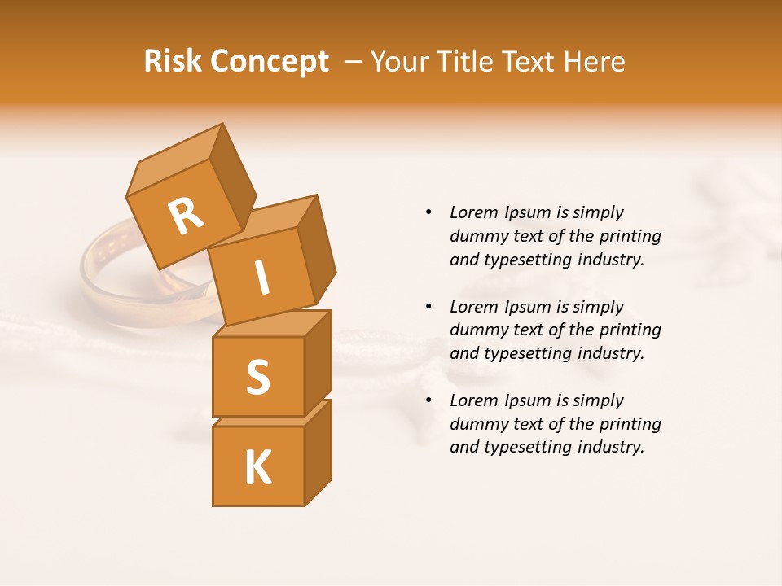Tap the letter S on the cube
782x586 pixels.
pyautogui.click(x=257, y=377)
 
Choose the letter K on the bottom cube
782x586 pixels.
pyautogui.click(x=257, y=467)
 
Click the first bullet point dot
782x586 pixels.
pyautogui.click(x=428, y=213)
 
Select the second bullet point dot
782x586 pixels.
pyautogui.click(x=428, y=307)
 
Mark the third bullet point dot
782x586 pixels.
pyautogui.click(x=428, y=400)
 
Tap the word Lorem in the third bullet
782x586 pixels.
pyautogui.click(x=474, y=400)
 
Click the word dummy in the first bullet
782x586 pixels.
pyautogui.click(x=477, y=236)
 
